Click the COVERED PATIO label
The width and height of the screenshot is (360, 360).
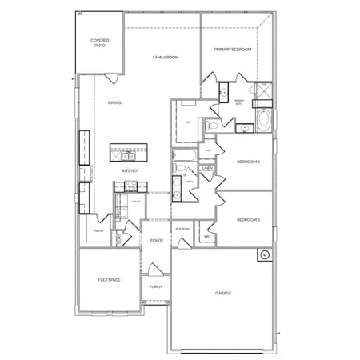pos(100,42)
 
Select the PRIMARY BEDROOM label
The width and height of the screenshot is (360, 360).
pos(233,50)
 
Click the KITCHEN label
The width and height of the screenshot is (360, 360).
pos(130,171)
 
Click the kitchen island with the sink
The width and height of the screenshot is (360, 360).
pos(129,151)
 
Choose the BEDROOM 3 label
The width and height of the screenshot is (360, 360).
pos(249,218)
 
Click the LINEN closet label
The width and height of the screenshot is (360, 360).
pos(206,169)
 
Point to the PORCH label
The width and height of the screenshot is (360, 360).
pos(155,287)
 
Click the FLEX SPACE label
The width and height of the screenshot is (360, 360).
pos(109,280)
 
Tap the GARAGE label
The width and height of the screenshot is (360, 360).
pos(223,293)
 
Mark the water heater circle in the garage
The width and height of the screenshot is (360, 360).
pos(262,256)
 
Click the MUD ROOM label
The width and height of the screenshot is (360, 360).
pos(182,229)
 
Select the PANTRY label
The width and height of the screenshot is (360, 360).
pos(99,230)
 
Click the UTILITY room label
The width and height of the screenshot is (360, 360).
pos(136,202)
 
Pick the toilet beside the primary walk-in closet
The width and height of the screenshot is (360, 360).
pos(212,126)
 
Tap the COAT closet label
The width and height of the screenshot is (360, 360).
pos(118,238)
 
